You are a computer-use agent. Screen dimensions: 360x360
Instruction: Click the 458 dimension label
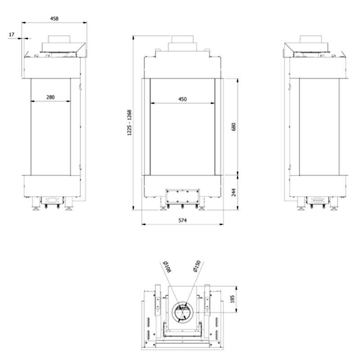(54, 18)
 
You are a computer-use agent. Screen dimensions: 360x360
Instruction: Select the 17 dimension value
(12, 35)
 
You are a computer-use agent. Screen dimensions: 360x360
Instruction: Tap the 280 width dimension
(50, 97)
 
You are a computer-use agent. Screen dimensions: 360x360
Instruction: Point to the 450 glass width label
(183, 99)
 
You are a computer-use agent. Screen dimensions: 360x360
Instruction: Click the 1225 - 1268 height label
(130, 122)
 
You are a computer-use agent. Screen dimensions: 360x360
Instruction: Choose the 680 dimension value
(234, 127)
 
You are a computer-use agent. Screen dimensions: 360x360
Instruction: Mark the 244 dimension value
(234, 193)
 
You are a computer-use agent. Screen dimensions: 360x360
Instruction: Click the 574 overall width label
(183, 220)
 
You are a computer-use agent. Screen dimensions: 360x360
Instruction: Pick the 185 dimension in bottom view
(232, 299)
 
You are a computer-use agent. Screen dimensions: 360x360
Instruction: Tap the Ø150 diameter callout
(197, 266)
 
